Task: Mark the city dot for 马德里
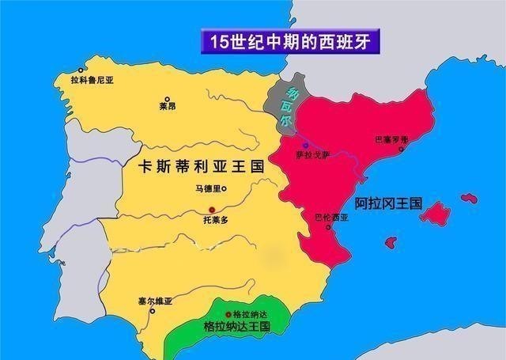pos(225,188)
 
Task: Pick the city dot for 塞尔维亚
pos(153,311)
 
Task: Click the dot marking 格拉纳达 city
pos(229,314)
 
